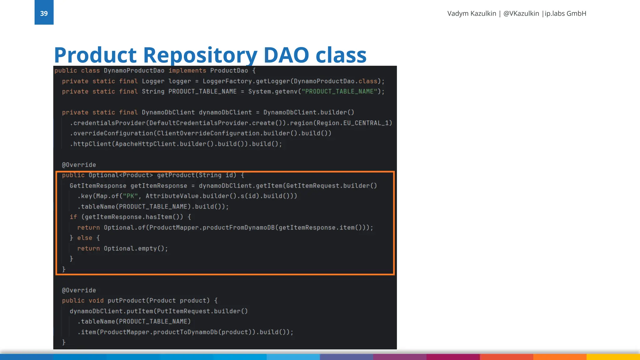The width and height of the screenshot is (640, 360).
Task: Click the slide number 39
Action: [x=44, y=13]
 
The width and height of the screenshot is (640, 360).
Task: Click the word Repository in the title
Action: [x=200, y=55]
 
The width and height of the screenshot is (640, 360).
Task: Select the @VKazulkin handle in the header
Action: [x=521, y=13]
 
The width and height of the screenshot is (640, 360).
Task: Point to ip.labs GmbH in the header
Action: [x=565, y=13]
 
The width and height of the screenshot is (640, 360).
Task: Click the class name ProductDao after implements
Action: [x=229, y=71]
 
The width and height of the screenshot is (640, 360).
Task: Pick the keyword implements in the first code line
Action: [x=187, y=71]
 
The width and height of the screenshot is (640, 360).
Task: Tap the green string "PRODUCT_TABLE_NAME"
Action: [x=339, y=92]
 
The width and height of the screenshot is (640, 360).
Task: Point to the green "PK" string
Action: [x=130, y=196]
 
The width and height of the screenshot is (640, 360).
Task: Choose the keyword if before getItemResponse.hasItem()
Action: [x=73, y=217]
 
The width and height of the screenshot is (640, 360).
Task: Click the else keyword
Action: [x=85, y=238]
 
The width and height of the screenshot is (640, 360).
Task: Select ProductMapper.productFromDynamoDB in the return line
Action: [x=212, y=227]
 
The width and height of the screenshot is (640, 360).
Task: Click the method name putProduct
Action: [x=126, y=301]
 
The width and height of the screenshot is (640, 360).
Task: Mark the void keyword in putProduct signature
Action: [x=96, y=301]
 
